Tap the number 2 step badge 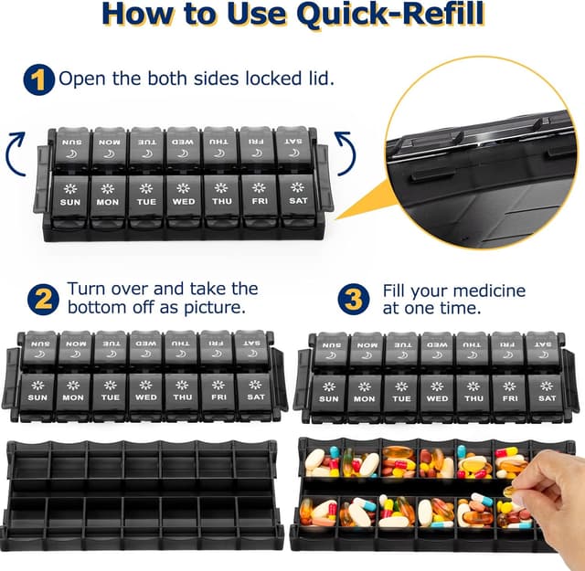tap(40, 299)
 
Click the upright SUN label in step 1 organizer tap(69, 202)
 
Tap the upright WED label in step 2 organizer tap(146, 397)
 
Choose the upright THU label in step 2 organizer tap(182, 397)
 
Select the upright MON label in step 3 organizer tap(364, 399)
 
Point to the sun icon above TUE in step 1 tap(145, 187)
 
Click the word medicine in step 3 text tap(484, 291)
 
